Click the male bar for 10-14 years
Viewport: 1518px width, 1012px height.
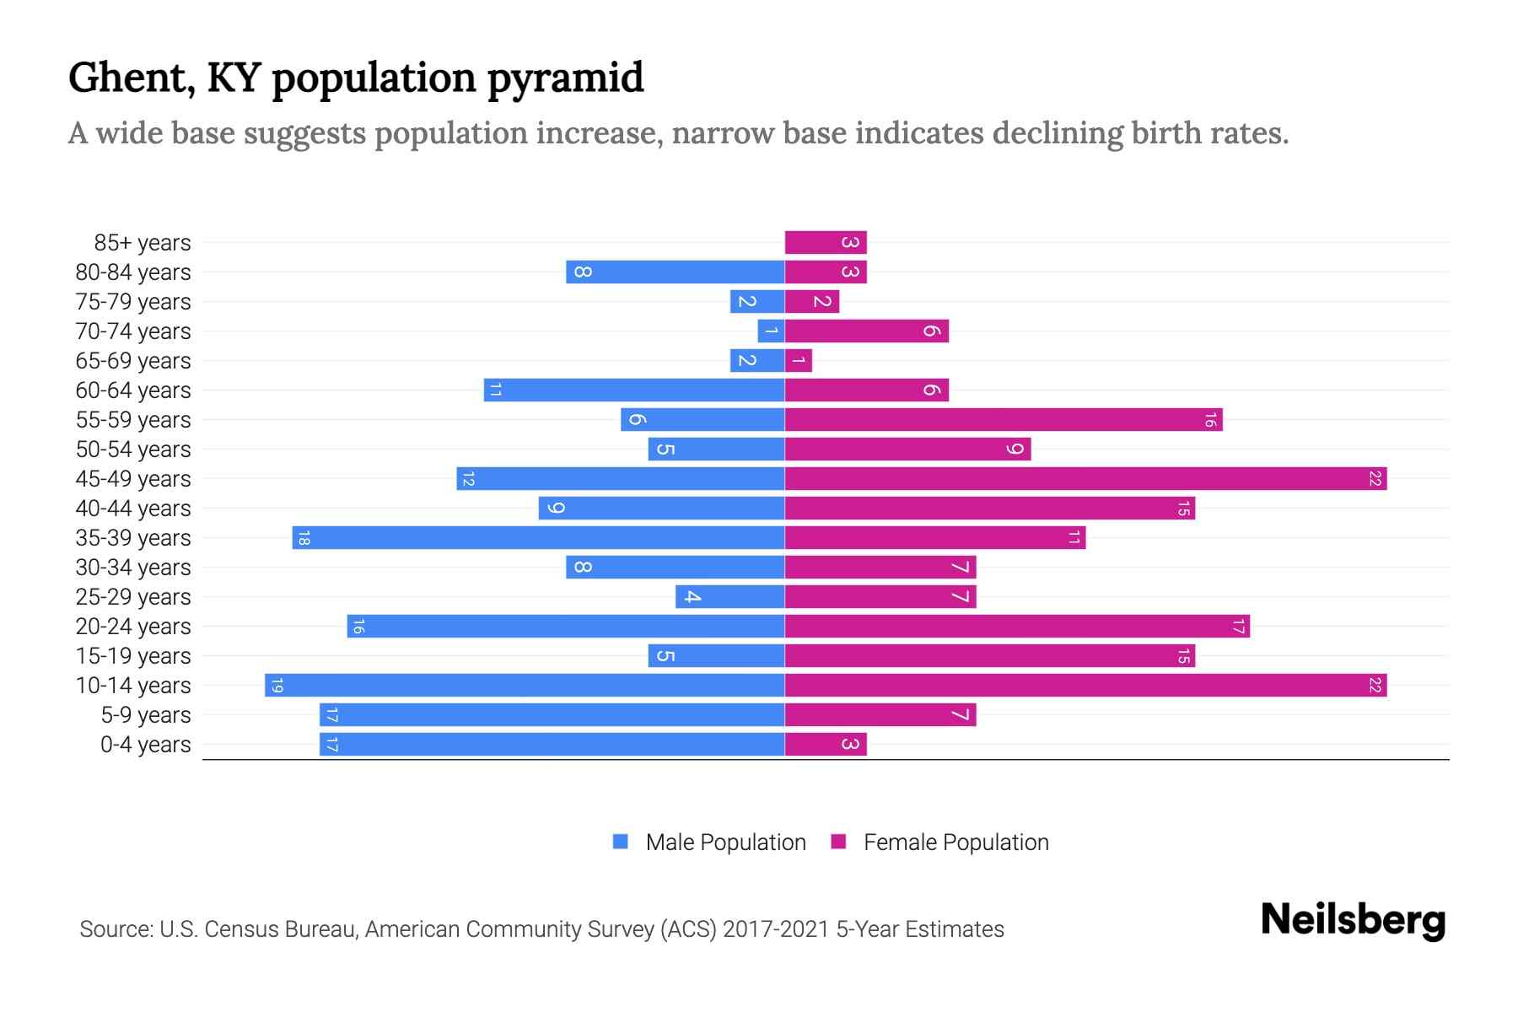tap(525, 686)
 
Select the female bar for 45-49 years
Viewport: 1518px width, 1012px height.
tap(1085, 479)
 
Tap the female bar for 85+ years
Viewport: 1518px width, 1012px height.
tap(826, 243)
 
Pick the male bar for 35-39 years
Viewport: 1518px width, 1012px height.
tap(538, 538)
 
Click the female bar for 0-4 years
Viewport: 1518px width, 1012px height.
tap(826, 745)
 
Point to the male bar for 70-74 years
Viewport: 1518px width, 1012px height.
tap(771, 331)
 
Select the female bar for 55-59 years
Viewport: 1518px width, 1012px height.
tap(1004, 420)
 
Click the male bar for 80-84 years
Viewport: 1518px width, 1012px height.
tap(675, 272)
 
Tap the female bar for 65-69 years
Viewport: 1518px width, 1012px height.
tap(799, 361)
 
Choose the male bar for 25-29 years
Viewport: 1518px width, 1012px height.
tap(729, 597)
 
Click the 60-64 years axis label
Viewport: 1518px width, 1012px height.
tap(133, 390)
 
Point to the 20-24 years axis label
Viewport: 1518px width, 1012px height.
tap(133, 627)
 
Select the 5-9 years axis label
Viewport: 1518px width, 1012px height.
tap(146, 715)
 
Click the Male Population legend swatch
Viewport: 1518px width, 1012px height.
tap(621, 842)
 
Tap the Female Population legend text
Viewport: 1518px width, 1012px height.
tap(955, 842)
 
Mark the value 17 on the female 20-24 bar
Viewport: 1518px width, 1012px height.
tap(1237, 627)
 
